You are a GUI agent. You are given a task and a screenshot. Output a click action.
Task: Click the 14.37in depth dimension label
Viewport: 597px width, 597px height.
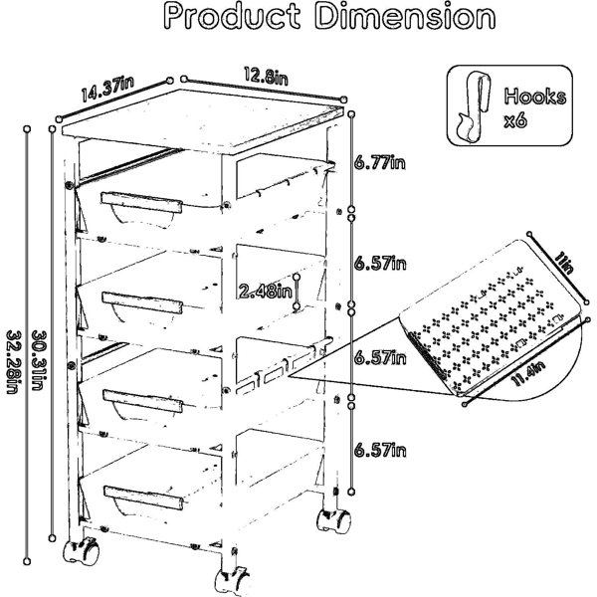point(107,89)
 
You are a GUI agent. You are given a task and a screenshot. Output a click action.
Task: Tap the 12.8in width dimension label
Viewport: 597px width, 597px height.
point(266,76)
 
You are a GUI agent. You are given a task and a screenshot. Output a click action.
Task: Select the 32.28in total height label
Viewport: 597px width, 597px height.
point(14,362)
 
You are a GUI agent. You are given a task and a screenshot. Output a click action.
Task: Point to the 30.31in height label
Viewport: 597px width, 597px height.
point(39,360)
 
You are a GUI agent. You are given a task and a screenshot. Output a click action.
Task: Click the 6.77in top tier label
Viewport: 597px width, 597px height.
point(380,163)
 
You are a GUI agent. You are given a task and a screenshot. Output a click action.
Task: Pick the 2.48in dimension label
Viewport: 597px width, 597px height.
point(266,292)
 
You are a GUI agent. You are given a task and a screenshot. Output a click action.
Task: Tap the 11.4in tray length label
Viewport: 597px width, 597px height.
point(529,373)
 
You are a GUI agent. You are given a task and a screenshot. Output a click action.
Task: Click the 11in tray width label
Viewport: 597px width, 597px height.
point(563,264)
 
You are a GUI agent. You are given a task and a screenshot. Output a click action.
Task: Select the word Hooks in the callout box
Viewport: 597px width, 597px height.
point(535,97)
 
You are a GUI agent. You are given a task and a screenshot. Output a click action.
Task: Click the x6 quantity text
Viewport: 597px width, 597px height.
point(515,121)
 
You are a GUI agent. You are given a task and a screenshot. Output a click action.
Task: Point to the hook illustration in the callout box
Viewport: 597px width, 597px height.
point(474,106)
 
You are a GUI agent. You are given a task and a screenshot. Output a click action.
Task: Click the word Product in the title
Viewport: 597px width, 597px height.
point(232,16)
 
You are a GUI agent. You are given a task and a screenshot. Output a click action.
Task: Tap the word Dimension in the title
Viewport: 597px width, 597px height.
point(406,16)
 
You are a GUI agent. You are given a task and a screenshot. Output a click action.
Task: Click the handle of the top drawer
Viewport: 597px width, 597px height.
point(141,202)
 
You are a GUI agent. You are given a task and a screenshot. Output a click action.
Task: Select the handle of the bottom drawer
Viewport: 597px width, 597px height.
point(143,497)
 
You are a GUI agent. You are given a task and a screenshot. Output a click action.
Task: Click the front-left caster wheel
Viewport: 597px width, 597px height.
point(81,551)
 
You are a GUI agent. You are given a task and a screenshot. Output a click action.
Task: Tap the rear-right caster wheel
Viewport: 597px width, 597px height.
point(333,520)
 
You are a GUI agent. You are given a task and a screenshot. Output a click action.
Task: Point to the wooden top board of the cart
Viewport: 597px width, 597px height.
point(202,121)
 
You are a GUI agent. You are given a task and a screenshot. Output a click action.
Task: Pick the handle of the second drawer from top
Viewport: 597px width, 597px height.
point(142,302)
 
